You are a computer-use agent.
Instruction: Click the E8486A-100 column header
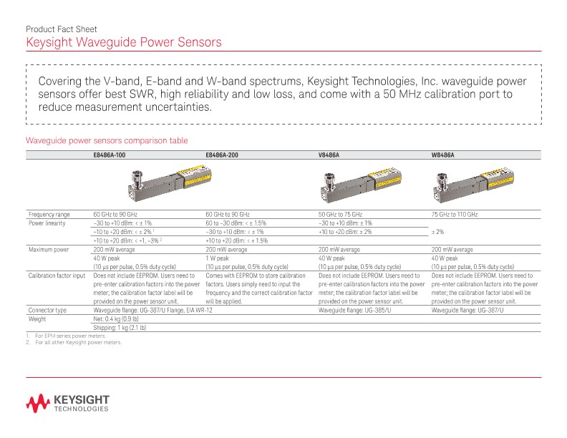[110, 155]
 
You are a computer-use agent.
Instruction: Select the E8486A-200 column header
[222, 155]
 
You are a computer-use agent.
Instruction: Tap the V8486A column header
[329, 155]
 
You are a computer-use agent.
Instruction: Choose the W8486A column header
[442, 155]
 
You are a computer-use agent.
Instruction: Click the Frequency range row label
[49, 214]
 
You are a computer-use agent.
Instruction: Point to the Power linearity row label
[47, 223]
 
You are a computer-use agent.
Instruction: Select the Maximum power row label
[49, 250]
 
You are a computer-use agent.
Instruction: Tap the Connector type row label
[47, 311]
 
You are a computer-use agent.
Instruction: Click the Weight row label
[37, 319]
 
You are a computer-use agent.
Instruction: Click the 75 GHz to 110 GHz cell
[454, 214]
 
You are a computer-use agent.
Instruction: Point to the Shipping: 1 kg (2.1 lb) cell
[120, 327]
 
